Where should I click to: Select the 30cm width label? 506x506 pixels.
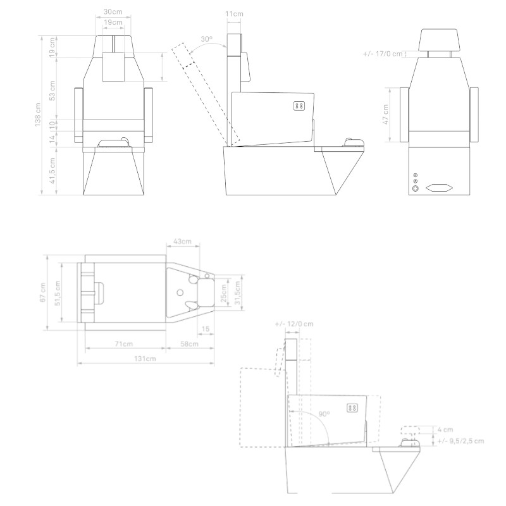[114, 12]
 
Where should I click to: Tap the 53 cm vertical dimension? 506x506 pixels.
[53, 89]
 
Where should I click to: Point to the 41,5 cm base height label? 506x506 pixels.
[53, 171]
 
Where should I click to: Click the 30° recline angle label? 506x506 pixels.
[206, 39]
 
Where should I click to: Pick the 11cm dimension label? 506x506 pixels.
[234, 13]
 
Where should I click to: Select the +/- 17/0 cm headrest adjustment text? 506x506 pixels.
[383, 54]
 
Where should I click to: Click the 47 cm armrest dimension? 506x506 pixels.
[386, 115]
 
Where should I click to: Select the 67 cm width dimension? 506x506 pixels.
[42, 292]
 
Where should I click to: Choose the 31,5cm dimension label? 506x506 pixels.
[238, 292]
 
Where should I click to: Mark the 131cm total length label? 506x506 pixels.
[145, 359]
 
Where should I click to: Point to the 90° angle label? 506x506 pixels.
[324, 414]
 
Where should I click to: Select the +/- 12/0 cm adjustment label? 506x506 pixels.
[294, 324]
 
